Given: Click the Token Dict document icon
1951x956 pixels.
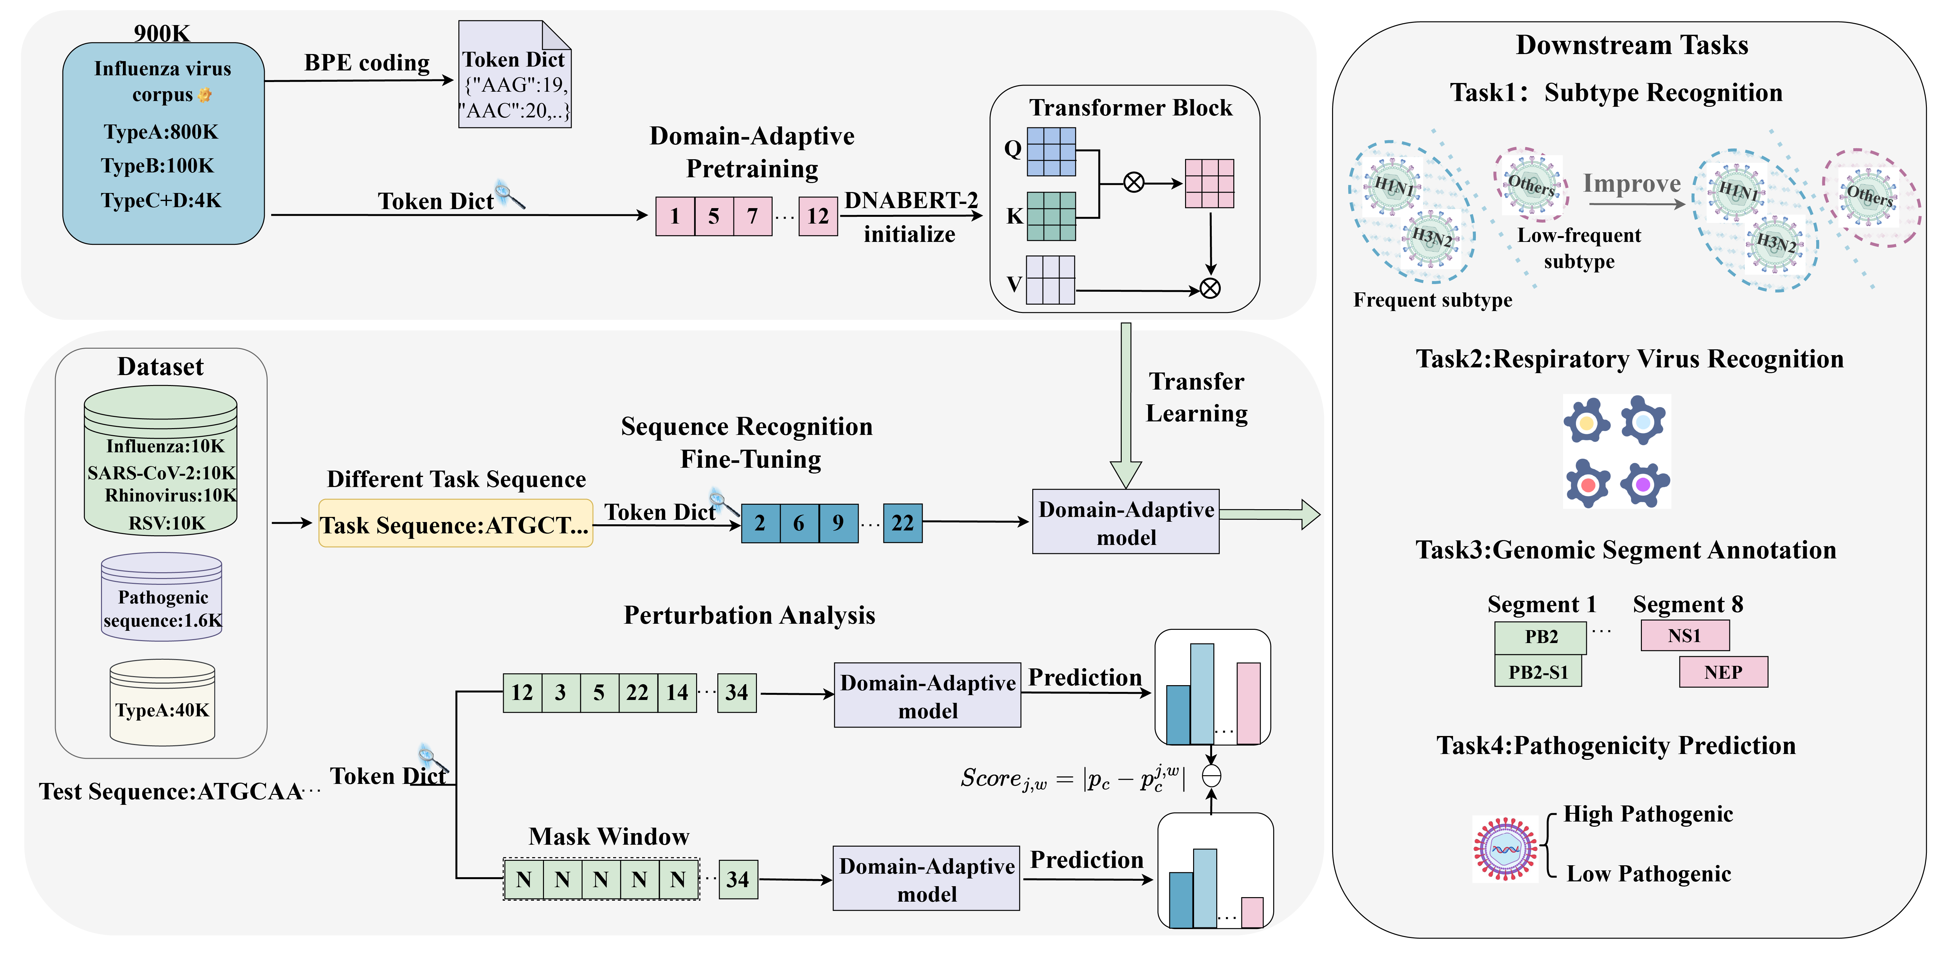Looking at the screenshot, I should tap(515, 76).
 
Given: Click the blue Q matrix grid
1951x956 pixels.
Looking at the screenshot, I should tap(1051, 152).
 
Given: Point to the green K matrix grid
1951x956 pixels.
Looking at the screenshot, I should tap(1051, 216).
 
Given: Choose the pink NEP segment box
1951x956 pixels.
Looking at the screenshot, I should tap(1723, 672).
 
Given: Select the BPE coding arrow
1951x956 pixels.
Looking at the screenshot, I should tap(360, 79).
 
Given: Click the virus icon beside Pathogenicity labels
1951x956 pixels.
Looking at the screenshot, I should tap(1505, 849).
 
